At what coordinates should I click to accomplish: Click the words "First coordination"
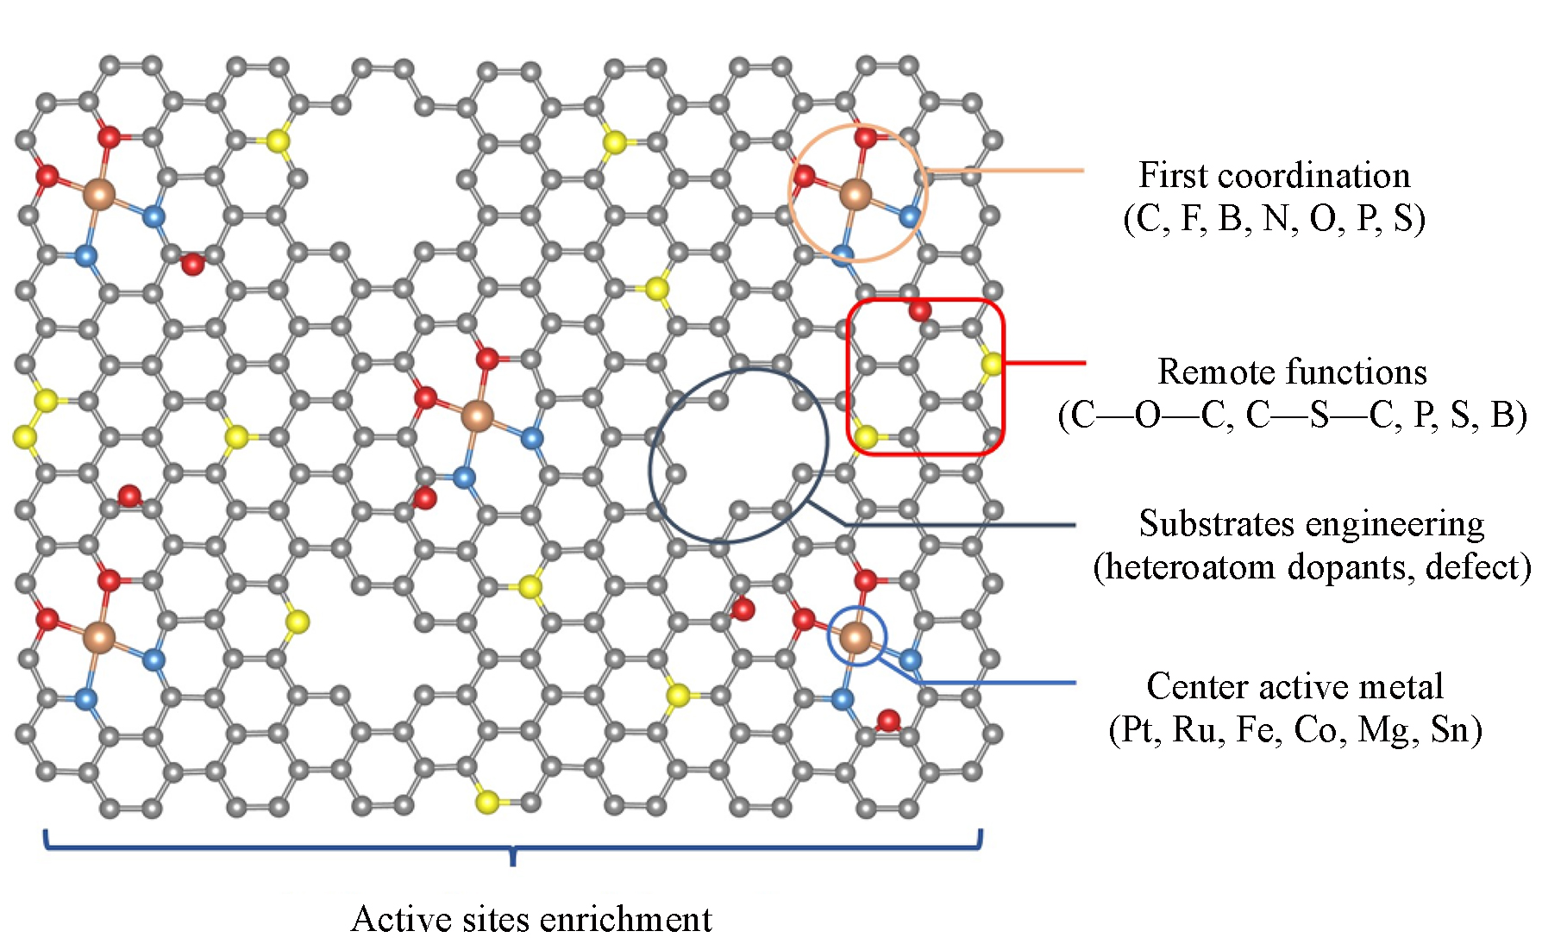click(1274, 175)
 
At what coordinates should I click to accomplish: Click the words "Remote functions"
click(1292, 372)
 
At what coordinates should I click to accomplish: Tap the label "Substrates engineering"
click(1311, 523)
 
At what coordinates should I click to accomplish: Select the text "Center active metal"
click(1294, 686)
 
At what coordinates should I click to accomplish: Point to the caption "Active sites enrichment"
click(531, 919)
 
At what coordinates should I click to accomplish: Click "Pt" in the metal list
click(1138, 729)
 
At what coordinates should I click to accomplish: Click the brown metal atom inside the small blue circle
click(856, 638)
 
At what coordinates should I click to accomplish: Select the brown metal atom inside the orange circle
click(856, 195)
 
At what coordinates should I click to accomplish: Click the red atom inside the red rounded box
click(920, 310)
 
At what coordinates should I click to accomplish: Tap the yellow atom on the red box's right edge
click(992, 364)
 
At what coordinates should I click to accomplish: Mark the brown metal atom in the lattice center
click(476, 416)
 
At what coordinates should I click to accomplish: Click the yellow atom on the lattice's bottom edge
click(487, 803)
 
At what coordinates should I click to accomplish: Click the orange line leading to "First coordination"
click(1005, 171)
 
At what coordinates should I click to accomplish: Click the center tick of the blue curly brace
click(513, 857)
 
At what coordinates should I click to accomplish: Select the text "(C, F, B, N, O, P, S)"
click(1274, 219)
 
